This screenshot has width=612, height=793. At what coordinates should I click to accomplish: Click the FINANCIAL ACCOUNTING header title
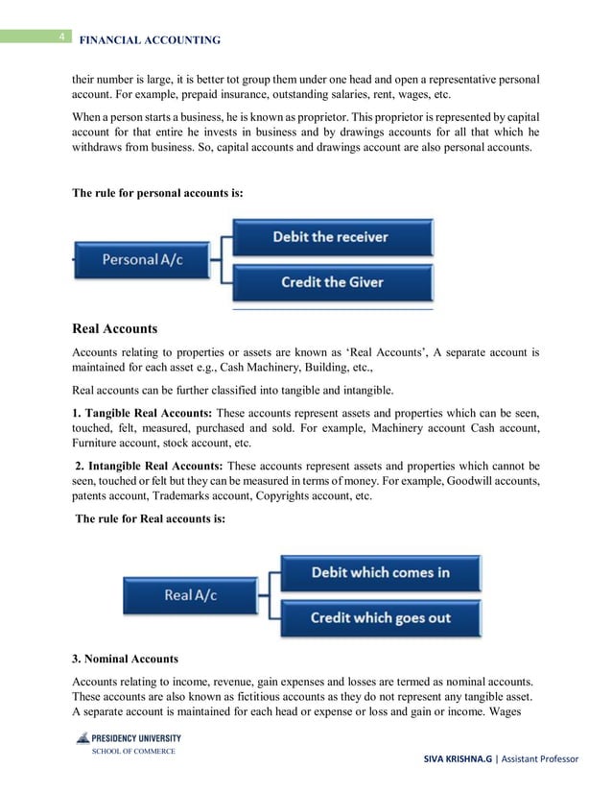(149, 40)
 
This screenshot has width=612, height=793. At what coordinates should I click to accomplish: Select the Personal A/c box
(144, 260)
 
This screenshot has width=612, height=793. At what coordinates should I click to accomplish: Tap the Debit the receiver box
(332, 237)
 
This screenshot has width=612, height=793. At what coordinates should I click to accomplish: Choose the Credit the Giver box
(332, 282)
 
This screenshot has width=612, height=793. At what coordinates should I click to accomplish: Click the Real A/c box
(191, 595)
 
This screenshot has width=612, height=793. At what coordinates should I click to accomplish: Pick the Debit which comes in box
(380, 573)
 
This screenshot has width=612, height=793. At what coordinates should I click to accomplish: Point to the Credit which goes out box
(380, 617)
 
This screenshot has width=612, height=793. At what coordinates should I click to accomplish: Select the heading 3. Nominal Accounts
(125, 660)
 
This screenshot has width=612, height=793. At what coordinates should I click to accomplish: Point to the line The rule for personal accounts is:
(158, 193)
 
